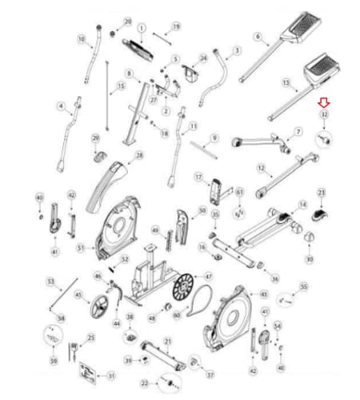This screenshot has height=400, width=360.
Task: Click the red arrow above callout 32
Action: pyautogui.click(x=323, y=103)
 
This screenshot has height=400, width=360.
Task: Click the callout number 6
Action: pyautogui.click(x=257, y=37)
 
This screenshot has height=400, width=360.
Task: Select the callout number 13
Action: pyautogui.click(x=286, y=82)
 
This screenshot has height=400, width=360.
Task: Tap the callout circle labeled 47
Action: pyautogui.click(x=209, y=276)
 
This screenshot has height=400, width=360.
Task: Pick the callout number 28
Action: pyautogui.click(x=138, y=155)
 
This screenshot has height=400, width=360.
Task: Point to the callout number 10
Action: pyautogui.click(x=81, y=38)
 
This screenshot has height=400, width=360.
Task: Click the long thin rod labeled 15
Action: pyautogui.click(x=106, y=88)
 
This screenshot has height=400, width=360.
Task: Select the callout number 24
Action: pyautogui.click(x=203, y=58)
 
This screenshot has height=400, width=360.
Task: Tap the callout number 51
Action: pyautogui.click(x=81, y=248)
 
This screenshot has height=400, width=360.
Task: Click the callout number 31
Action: pyautogui.click(x=112, y=375)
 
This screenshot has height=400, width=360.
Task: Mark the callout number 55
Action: pyautogui.click(x=303, y=286)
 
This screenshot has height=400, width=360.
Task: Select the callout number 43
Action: pyautogui.click(x=265, y=294)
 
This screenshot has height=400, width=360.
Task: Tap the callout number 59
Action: pyautogui.click(x=54, y=361)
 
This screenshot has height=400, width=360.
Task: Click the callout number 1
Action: pyautogui.click(x=142, y=27)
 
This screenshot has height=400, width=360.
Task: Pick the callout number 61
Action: pyautogui.click(x=239, y=192)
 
